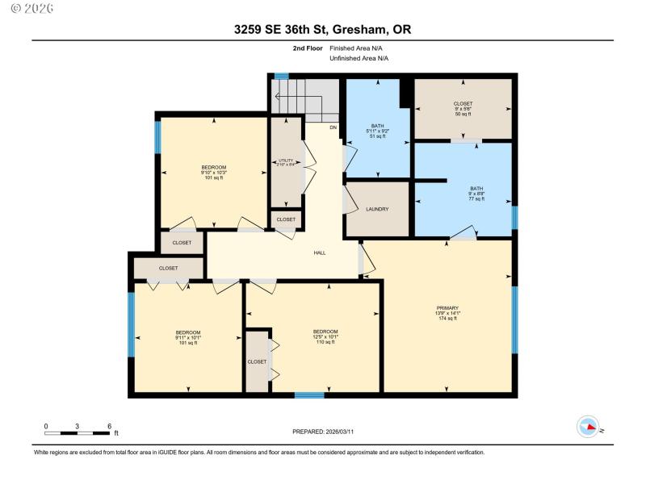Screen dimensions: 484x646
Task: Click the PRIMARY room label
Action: click(x=447, y=307)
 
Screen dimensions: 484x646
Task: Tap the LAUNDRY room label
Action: click(x=377, y=209)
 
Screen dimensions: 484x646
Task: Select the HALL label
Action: click(x=320, y=253)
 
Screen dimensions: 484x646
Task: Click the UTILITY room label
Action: click(x=285, y=161)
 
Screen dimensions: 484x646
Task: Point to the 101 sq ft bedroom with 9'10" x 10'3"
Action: click(x=213, y=168)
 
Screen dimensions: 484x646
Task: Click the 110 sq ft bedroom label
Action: click(x=325, y=332)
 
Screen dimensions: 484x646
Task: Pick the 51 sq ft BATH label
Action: click(x=377, y=126)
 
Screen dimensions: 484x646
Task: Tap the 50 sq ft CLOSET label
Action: click(x=462, y=104)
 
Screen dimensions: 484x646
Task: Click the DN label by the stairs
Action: click(x=333, y=127)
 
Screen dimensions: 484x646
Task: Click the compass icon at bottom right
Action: click(x=588, y=426)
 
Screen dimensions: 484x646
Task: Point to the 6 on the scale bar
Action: click(x=108, y=426)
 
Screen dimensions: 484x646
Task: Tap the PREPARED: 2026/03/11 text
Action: click(x=322, y=432)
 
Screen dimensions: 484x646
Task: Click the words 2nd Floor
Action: click(x=307, y=48)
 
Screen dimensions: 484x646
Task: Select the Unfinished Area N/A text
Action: click(x=359, y=58)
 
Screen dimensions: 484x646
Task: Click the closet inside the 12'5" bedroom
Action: click(x=257, y=361)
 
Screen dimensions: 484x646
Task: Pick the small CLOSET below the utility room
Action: click(x=286, y=219)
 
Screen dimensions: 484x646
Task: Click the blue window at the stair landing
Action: click(x=282, y=76)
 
